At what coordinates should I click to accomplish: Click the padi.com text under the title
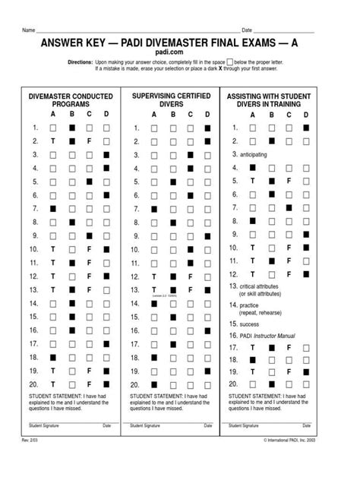tap(179, 54)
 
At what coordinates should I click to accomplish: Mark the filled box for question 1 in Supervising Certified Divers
tap(208, 128)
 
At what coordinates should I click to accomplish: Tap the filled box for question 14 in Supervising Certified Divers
tap(153, 303)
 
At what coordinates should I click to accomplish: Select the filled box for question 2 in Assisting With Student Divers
tap(306, 141)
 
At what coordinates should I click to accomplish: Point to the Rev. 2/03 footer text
tap(30, 461)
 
